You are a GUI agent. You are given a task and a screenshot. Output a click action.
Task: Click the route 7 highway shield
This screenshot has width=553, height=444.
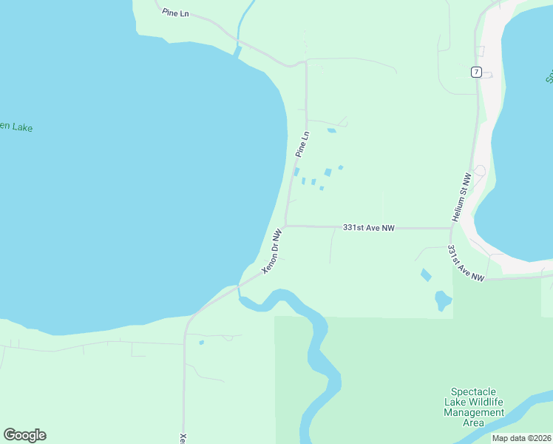click(x=476, y=72)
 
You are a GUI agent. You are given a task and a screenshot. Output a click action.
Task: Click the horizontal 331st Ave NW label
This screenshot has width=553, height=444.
click(x=369, y=228)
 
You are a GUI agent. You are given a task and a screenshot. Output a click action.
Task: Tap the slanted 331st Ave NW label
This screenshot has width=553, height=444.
click(x=466, y=263)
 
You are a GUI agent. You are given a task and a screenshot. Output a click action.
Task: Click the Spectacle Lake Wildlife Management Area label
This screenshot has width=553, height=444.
click(x=474, y=407)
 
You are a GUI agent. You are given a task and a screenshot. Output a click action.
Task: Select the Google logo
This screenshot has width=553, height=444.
click(x=24, y=435)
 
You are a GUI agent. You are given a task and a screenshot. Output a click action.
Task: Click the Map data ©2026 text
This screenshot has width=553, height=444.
click(x=521, y=438)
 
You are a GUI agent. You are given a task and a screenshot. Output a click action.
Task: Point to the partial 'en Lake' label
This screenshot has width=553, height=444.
click(x=16, y=127)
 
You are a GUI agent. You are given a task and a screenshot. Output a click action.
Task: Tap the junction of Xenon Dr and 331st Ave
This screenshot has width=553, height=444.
click(x=286, y=226)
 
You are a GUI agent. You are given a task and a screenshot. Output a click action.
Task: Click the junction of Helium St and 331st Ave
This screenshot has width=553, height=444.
click(x=450, y=229)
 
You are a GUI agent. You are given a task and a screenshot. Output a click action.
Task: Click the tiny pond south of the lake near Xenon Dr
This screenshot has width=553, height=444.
click(x=201, y=342)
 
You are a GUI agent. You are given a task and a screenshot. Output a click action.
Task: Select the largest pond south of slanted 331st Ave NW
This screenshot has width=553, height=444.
click(x=443, y=300)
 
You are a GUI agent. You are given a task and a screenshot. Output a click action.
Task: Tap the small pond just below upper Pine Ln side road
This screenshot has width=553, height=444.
click(x=331, y=131)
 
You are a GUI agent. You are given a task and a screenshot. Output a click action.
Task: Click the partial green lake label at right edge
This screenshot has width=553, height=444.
click(x=549, y=76)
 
